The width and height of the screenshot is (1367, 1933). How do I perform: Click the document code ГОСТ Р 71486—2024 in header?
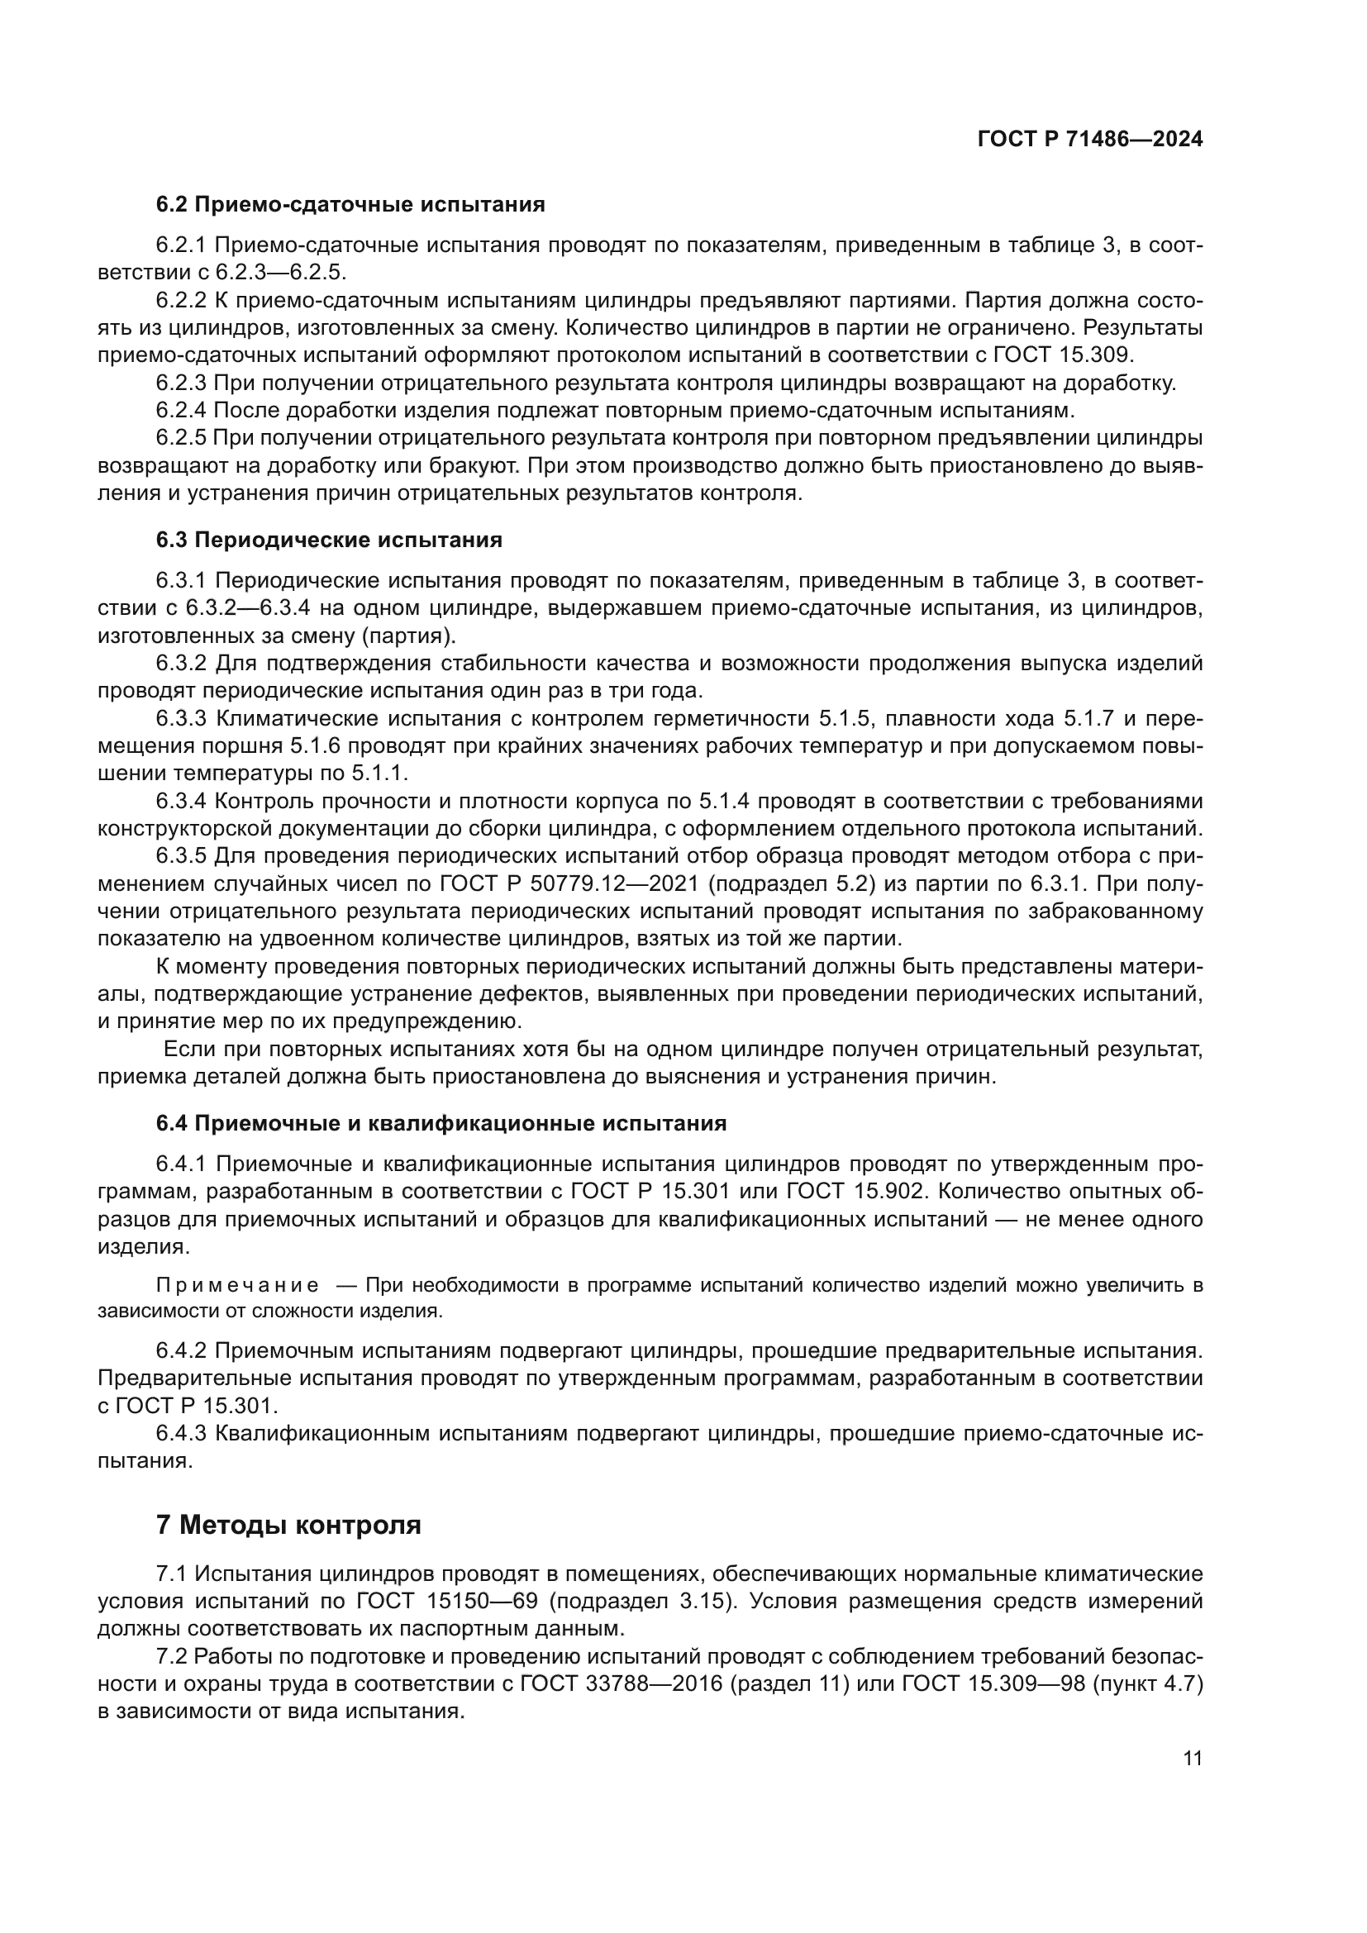tap(1089, 140)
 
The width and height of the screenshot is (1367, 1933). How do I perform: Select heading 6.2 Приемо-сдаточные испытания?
tap(350, 205)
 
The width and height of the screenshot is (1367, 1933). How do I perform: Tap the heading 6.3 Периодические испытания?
tap(329, 540)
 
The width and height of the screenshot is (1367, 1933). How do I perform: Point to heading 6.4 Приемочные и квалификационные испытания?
tap(441, 1123)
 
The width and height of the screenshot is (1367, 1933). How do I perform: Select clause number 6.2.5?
tap(181, 438)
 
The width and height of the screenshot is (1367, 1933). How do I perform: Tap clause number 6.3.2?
tap(181, 664)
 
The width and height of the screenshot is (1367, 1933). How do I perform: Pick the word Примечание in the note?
tap(237, 1286)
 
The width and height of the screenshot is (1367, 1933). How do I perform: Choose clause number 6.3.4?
tap(181, 801)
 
